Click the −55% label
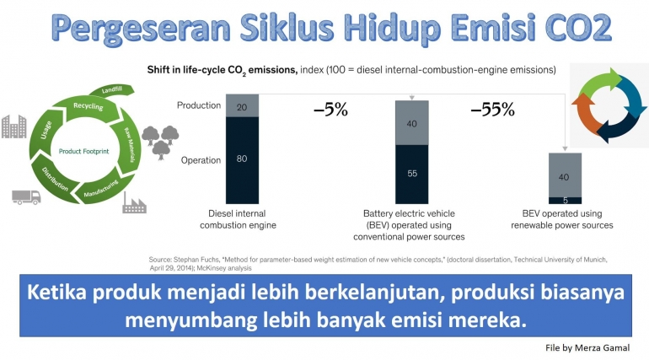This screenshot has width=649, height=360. point(491,110)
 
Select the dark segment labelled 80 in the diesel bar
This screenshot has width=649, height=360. point(241,158)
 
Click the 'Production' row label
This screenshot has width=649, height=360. point(199,105)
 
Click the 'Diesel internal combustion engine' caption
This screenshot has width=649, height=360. point(243,219)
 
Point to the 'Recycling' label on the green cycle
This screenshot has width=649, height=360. point(88,107)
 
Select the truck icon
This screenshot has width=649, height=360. point(26,196)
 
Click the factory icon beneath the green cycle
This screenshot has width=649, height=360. point(136,201)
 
